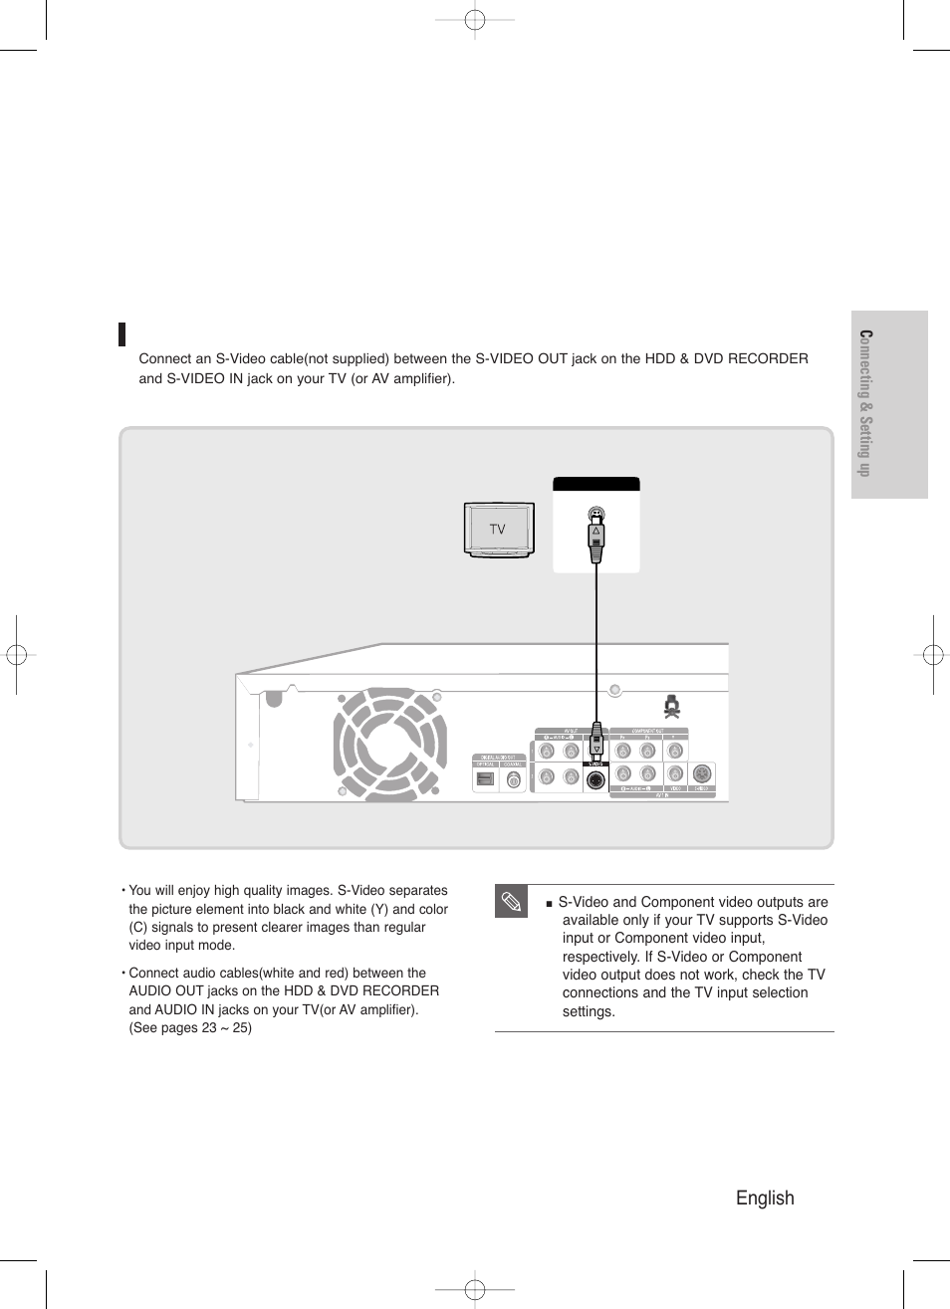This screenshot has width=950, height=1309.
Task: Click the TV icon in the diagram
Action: [x=498, y=530]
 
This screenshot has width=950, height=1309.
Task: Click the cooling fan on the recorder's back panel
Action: [x=390, y=742]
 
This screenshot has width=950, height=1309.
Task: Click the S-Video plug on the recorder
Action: [x=596, y=742]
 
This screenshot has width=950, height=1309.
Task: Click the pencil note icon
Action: [x=510, y=902]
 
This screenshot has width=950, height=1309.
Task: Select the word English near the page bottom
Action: [x=765, y=1198]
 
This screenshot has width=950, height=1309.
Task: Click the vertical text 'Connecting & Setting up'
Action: [x=865, y=403]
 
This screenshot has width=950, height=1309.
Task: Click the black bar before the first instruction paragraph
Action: [x=121, y=334]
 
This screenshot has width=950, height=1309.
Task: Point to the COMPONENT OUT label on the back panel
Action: [x=647, y=731]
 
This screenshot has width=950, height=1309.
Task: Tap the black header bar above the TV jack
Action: [x=595, y=485]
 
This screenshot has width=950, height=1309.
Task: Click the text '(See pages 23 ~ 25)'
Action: [x=190, y=1027]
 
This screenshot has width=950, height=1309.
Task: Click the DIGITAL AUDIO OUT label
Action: [x=498, y=758]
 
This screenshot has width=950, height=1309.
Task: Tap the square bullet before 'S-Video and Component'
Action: [x=549, y=903]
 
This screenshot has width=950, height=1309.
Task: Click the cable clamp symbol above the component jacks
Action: [x=672, y=708]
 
